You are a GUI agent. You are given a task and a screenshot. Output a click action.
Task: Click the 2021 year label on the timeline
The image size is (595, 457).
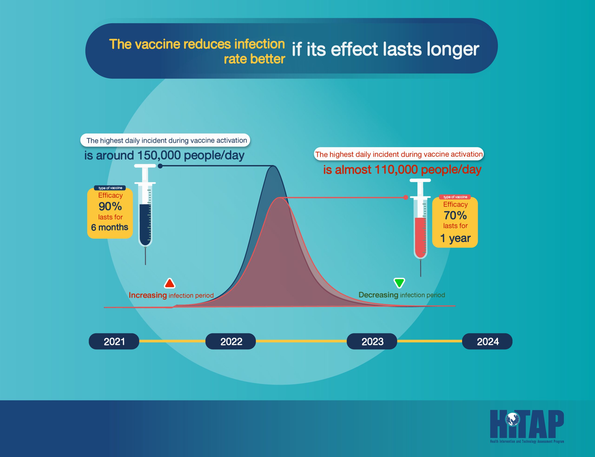coord(114,341)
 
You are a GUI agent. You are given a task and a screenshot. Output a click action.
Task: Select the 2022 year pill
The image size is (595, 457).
coord(231,341)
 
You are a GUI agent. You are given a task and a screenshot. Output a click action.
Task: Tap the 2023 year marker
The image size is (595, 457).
coord(372,341)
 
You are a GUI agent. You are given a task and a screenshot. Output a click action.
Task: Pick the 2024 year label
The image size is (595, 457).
coord(487,341)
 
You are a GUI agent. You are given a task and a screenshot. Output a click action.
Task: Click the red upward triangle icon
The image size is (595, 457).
coord(169,283)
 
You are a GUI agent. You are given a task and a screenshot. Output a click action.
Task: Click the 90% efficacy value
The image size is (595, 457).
coord(110,206)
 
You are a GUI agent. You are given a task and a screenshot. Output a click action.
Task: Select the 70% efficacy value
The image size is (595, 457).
coord(455,215)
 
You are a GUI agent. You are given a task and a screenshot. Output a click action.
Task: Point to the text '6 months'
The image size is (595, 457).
coord(109,227)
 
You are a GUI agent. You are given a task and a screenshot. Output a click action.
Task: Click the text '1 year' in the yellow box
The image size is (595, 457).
coord(455,238)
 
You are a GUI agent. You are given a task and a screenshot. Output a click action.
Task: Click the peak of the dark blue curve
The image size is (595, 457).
coord(273,166)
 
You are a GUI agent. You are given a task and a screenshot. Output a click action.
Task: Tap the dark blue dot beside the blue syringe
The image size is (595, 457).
coord(160,166)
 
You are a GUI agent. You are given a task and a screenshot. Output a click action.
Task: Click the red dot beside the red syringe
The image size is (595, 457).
coord(405,198)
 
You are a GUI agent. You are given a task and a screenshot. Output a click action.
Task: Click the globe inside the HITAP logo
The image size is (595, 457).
coord(513,419)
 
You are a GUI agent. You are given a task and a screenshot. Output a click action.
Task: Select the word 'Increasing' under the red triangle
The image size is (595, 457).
coord(148,295)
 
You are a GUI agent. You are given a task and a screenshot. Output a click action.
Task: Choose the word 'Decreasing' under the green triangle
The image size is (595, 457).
coord(378,295)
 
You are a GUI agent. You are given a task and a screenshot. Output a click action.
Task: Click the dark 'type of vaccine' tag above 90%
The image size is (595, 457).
coord(110,188)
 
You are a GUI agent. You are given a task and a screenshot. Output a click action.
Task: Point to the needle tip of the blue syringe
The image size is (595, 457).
coord(145,264)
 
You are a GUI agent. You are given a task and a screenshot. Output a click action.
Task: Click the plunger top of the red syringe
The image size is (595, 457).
coord(420,180)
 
